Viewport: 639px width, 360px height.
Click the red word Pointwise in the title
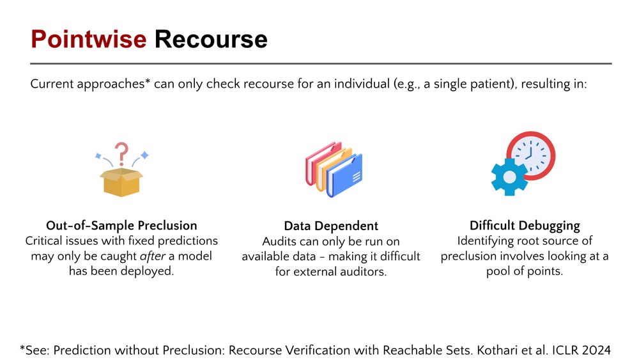(x=88, y=40)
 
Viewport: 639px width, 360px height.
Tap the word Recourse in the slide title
(x=211, y=40)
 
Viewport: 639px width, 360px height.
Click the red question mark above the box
(x=121, y=153)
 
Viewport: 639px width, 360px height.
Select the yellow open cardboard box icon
(x=121, y=182)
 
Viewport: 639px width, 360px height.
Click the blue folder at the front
(x=345, y=176)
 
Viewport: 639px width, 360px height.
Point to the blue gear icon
(x=509, y=177)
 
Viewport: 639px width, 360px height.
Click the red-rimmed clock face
(x=531, y=155)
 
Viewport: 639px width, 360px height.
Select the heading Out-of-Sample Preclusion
(x=121, y=226)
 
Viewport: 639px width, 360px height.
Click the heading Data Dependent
(x=331, y=226)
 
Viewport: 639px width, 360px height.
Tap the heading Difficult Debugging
(x=525, y=226)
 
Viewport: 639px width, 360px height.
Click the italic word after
(x=153, y=256)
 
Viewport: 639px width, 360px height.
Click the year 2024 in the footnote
(x=596, y=350)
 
